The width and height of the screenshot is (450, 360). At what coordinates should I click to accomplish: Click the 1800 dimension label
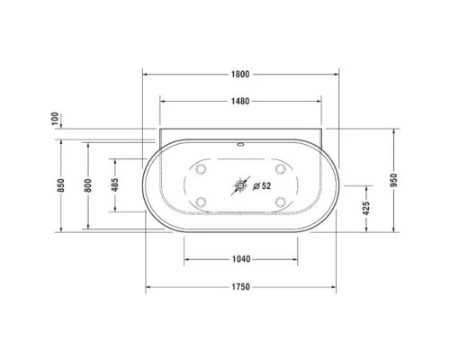(238, 74)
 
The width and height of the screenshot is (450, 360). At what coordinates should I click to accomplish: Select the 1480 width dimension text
(238, 101)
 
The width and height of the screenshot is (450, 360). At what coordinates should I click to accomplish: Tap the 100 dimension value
(55, 119)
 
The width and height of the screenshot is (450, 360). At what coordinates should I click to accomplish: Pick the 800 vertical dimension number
(88, 185)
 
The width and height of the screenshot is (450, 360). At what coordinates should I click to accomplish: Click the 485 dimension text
(114, 185)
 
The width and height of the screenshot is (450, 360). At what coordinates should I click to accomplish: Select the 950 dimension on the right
(395, 181)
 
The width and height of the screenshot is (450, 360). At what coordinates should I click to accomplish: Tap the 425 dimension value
(366, 209)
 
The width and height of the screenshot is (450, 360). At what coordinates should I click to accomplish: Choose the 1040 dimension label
(240, 259)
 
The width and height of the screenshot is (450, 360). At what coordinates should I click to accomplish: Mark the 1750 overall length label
(239, 287)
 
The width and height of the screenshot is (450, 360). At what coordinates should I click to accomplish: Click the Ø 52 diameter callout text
(262, 186)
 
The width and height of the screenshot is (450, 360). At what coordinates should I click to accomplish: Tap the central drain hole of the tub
(239, 186)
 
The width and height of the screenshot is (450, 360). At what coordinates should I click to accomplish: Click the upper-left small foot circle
(201, 170)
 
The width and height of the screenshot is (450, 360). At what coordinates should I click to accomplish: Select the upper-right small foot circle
(280, 170)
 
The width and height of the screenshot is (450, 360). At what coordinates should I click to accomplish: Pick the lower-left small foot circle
(201, 202)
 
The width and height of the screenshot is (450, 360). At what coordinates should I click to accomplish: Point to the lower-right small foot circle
(280, 202)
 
